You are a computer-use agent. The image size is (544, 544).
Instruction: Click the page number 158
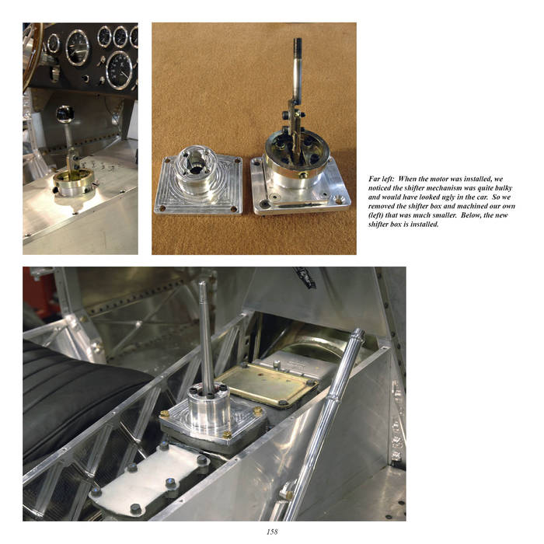(272, 532)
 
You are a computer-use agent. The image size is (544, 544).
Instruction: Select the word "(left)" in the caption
(375, 215)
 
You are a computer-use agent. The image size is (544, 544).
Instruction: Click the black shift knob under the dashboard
(65, 114)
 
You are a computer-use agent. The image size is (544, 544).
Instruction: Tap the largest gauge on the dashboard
(120, 71)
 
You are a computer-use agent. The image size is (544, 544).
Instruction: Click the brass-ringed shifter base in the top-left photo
(74, 182)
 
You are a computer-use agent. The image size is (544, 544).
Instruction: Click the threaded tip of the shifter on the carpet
(298, 46)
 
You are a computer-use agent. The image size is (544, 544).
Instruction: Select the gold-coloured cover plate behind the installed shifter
(268, 383)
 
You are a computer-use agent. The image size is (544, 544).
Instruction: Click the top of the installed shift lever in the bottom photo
(202, 284)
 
